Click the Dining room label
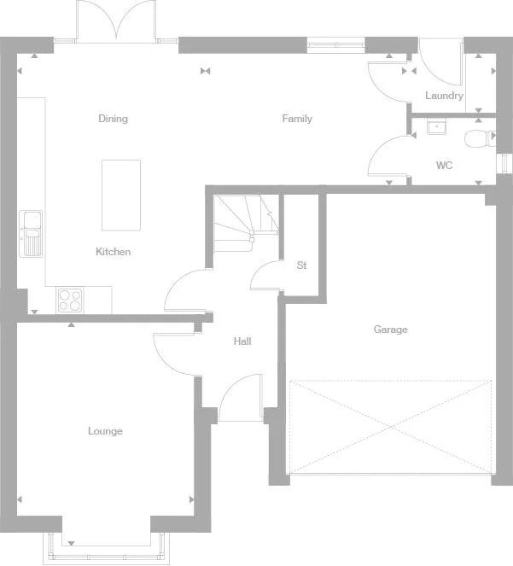113,119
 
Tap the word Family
297,119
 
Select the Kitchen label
113,252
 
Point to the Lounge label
105,431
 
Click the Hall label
242,341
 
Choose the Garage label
391,330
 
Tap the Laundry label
444,96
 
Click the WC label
444,166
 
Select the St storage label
302,265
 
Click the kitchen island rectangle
121,195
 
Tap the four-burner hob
70,301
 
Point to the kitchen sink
31,234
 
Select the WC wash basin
436,126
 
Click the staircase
246,223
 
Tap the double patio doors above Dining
116,21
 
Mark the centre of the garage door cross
391,427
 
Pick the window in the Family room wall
335,45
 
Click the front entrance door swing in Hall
241,398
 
